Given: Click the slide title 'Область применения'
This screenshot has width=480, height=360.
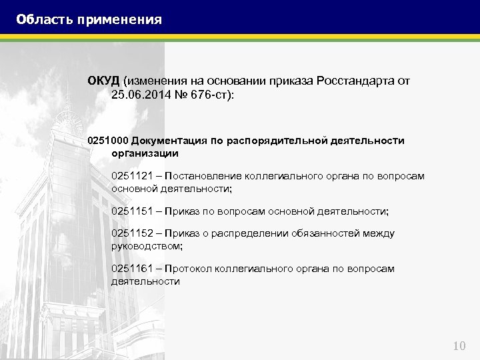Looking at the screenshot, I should [89, 19].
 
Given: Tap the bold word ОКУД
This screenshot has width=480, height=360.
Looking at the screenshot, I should [103, 81].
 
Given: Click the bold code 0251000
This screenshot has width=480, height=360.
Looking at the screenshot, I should [107, 141].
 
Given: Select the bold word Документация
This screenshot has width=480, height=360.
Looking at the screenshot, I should [165, 141].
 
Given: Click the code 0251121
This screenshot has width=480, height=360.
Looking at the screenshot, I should [132, 176].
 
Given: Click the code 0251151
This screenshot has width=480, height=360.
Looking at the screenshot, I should [132, 211].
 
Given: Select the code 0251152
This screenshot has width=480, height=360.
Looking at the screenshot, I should [132, 233].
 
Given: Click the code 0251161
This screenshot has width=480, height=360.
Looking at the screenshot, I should [132, 269].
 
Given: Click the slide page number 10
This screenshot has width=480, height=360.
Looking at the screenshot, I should [459, 345].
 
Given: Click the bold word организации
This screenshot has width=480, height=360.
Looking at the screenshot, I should [145, 153].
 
